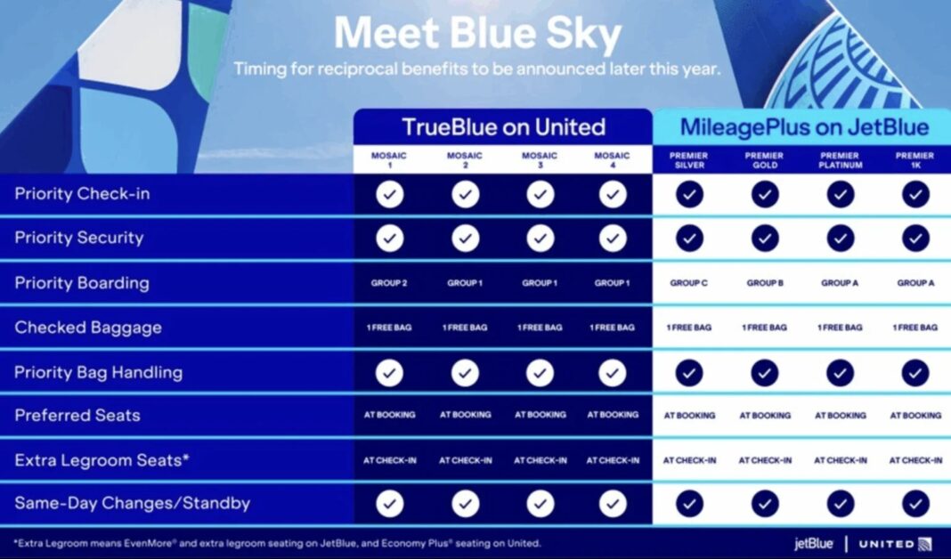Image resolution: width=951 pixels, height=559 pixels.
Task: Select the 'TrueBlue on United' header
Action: point(503,127)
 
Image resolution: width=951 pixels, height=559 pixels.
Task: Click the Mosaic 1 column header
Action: point(389,160)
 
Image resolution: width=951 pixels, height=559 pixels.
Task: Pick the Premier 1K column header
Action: point(914,160)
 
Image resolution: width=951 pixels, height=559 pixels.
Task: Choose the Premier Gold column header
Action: point(765,160)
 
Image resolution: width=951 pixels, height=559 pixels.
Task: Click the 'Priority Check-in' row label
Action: point(82,194)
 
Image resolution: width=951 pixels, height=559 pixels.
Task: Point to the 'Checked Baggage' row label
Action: point(88,328)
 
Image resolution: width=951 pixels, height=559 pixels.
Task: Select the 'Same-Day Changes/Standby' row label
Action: point(132,504)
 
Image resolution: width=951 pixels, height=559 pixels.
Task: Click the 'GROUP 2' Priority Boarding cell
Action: point(389,283)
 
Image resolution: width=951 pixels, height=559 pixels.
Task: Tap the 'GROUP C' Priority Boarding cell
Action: point(689,283)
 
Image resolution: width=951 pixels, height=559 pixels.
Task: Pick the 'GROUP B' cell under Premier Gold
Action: point(765,283)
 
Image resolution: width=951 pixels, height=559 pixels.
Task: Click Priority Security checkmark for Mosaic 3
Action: point(540,238)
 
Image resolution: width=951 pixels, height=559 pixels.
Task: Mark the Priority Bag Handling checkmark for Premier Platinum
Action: point(840,372)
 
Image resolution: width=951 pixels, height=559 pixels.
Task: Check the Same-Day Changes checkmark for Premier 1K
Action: point(915,504)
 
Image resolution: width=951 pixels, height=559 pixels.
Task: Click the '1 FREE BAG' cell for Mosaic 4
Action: point(613,328)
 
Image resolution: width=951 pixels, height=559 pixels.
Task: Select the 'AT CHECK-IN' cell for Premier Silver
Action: point(689,460)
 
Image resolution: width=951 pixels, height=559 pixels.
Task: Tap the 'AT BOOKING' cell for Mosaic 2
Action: point(465,415)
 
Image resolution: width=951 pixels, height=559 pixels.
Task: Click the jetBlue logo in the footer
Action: point(814,543)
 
